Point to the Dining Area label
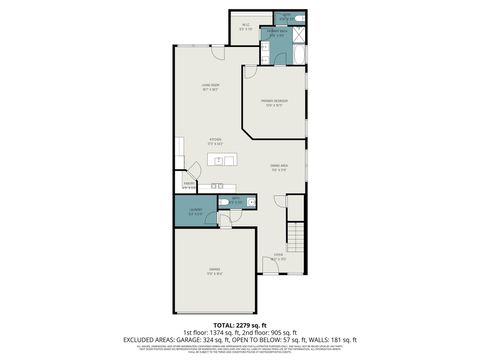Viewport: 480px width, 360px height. click(279, 167)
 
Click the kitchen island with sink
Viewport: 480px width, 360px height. click(222, 160)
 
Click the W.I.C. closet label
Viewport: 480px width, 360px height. click(246, 27)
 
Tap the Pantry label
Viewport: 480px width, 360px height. click(187, 184)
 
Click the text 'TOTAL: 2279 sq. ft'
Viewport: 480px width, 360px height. click(240, 325)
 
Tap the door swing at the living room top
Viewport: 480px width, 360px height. click(181, 47)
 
